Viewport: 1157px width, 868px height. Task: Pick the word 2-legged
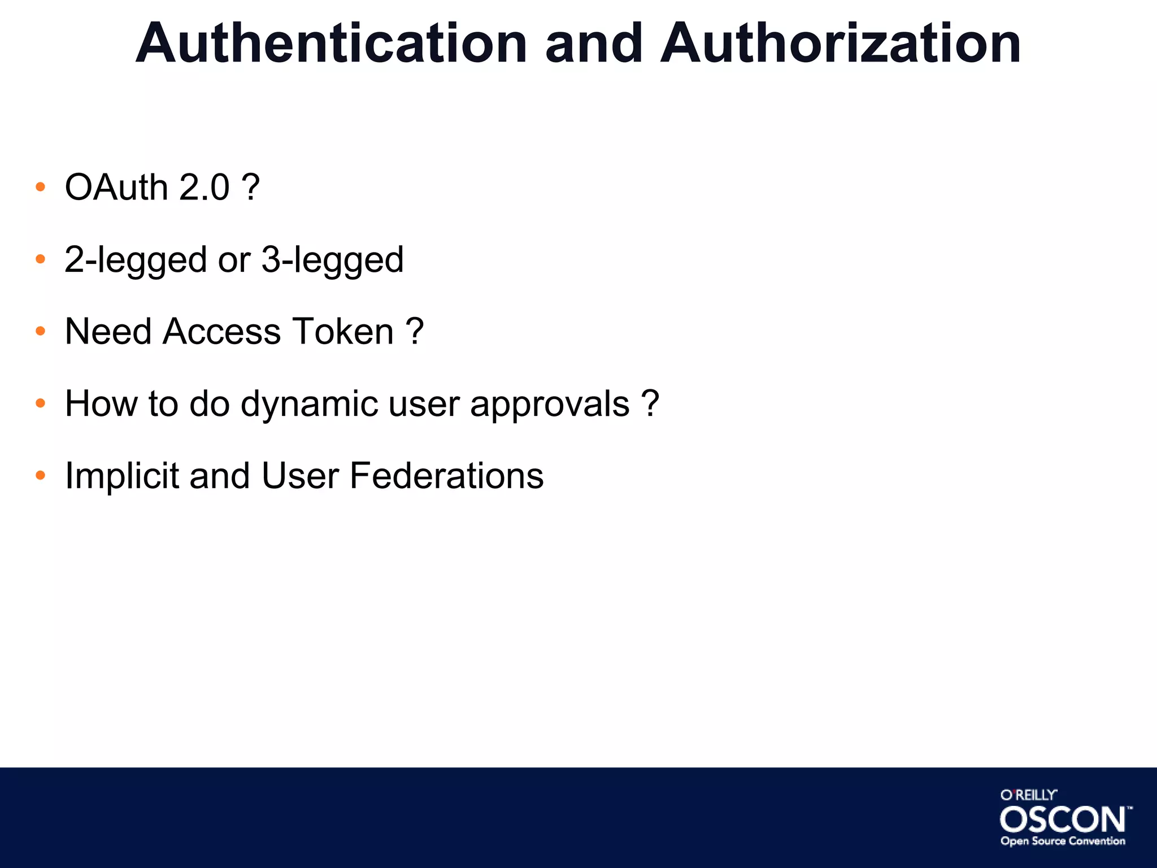click(136, 260)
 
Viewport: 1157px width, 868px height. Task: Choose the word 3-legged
click(332, 260)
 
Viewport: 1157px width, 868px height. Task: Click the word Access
click(222, 331)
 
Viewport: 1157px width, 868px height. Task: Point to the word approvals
click(550, 405)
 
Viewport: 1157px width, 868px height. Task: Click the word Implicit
click(122, 476)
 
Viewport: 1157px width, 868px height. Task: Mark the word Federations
click(446, 476)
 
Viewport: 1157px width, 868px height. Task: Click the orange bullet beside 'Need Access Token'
click(40, 331)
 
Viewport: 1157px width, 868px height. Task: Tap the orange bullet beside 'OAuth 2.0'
click(40, 187)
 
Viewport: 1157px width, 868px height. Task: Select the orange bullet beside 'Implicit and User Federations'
click(40, 476)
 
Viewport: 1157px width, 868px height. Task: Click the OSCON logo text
click(1063, 819)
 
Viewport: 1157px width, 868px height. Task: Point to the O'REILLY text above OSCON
click(1028, 795)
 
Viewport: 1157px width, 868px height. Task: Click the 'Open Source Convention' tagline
click(1063, 841)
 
